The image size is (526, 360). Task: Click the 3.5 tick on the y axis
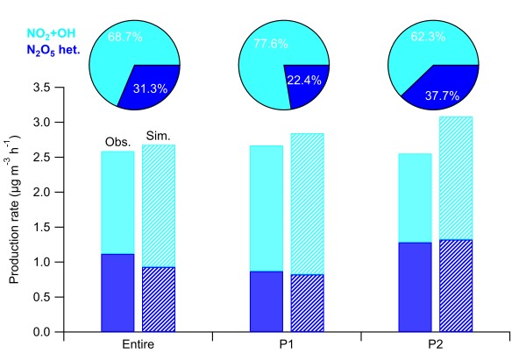click(x=43, y=87)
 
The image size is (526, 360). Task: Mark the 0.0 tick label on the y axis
click(x=43, y=332)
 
